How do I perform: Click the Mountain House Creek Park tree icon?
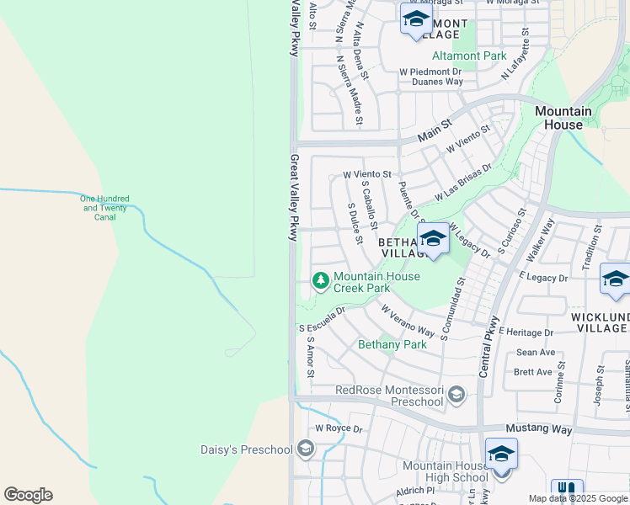pos(320,279)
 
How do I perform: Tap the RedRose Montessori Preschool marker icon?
pos(456,394)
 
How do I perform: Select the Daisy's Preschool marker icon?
pos(305,449)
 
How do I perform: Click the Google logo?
pos(28,495)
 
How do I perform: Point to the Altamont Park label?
pos(469,56)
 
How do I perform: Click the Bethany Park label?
pos(392,344)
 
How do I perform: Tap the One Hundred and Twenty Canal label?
pos(105,208)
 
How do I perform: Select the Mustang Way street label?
pos(539,429)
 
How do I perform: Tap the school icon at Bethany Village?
pos(433,238)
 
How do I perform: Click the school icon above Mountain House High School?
pos(501,454)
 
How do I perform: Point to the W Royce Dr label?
pos(339,428)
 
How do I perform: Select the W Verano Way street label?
pos(408,322)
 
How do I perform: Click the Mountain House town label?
pos(563,118)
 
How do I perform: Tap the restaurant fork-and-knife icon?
pos(567,492)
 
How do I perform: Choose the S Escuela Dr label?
pos(322,320)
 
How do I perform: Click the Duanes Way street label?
pos(437,82)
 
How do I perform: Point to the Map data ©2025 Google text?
pos(578,498)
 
